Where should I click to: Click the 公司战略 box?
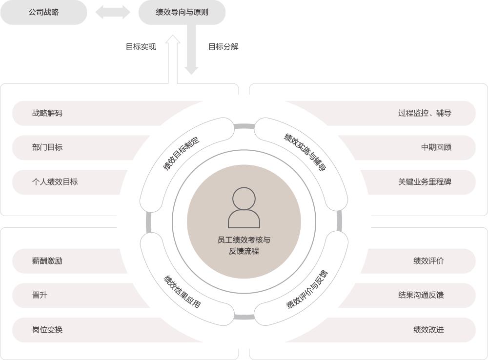click(43, 12)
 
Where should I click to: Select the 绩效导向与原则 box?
click(182, 12)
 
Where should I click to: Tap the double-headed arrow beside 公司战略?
click(113, 12)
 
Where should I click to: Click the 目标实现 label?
click(141, 47)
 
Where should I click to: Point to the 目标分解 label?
click(224, 47)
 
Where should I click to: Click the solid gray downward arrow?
click(191, 50)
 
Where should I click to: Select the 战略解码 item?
click(47, 113)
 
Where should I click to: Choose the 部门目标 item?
click(47, 147)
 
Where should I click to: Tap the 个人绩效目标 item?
click(55, 182)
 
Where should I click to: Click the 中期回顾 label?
click(436, 147)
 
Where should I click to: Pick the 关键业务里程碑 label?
click(425, 182)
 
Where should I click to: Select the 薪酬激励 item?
click(47, 261)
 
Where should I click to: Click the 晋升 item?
click(40, 295)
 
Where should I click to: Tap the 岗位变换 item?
click(47, 329)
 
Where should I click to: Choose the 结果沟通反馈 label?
click(421, 295)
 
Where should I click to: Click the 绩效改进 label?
click(428, 329)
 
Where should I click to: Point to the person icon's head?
click(244, 199)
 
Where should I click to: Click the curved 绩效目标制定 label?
click(181, 153)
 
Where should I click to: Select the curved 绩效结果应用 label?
click(183, 292)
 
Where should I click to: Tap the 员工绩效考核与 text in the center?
click(244, 240)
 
